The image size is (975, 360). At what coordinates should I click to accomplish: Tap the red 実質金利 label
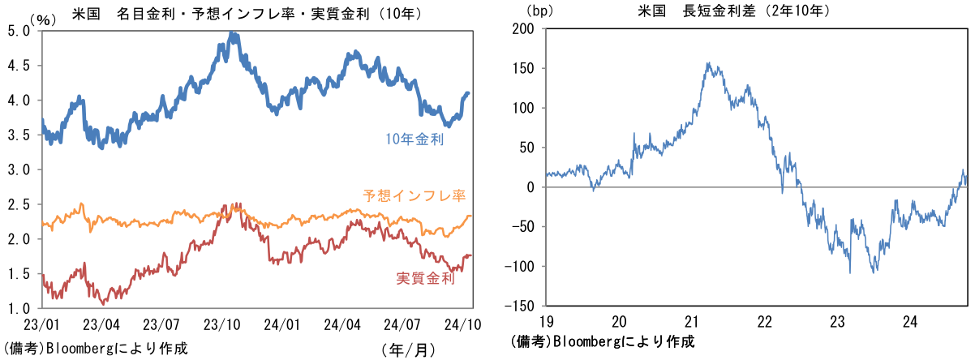pyautogui.click(x=424, y=278)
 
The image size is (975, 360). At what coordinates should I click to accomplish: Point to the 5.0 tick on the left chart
pyautogui.click(x=19, y=30)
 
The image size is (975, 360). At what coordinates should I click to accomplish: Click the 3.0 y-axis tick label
pyautogui.click(x=19, y=169)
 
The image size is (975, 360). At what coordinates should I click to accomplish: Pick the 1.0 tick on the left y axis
pyautogui.click(x=19, y=309)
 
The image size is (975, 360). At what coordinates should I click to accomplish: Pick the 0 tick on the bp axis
pyautogui.click(x=531, y=187)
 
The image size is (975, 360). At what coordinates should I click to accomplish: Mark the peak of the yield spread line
pyautogui.click(x=708, y=63)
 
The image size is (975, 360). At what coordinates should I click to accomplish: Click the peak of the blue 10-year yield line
pyautogui.click(x=233, y=35)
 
